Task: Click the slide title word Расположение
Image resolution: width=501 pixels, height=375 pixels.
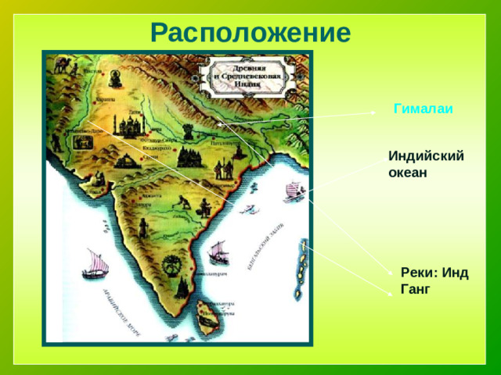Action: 250,33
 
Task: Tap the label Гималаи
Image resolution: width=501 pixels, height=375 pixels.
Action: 424,109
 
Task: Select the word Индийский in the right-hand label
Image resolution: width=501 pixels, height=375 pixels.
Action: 426,155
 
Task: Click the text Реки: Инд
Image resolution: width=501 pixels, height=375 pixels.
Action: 434,273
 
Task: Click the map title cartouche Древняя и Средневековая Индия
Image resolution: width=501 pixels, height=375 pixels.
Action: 251,77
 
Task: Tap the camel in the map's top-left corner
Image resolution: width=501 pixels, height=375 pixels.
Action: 61,66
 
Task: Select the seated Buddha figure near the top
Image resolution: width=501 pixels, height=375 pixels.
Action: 114,78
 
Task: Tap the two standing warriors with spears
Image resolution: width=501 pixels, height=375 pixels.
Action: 223,168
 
